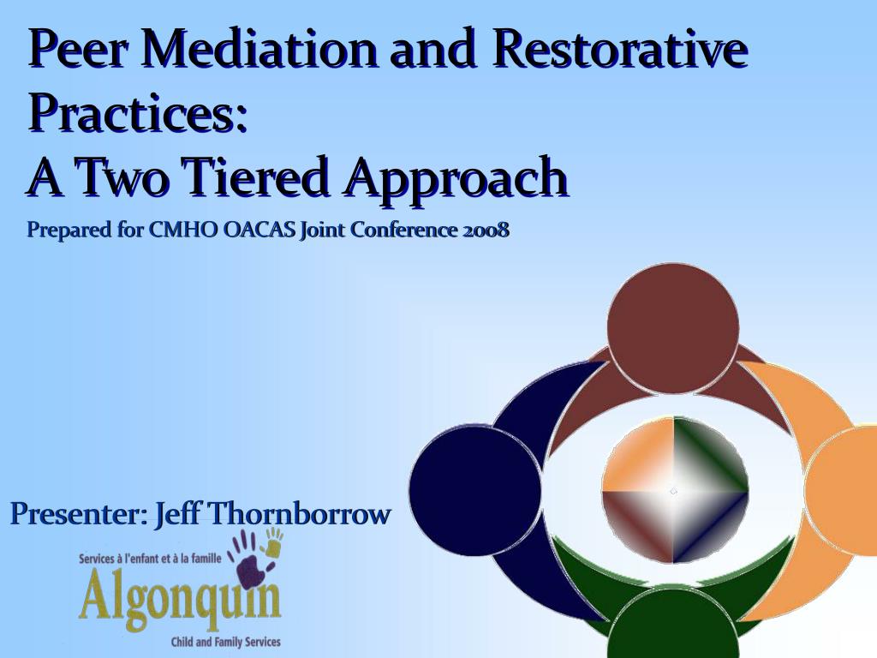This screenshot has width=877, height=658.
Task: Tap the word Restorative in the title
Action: click(x=619, y=50)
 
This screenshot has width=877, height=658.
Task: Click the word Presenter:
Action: click(x=79, y=515)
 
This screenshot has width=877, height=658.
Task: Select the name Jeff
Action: click(x=179, y=515)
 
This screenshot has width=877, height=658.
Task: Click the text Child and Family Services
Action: click(x=225, y=641)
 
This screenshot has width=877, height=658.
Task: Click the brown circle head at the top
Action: click(x=672, y=328)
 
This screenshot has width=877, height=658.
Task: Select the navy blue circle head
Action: click(x=474, y=490)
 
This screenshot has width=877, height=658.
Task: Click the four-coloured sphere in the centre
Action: click(x=674, y=490)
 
